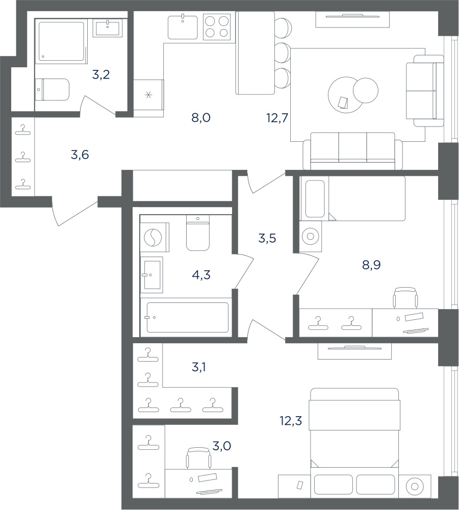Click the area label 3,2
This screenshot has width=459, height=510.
coord(101,75)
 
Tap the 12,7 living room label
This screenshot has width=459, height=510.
coord(277,118)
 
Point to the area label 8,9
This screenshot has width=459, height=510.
coord(371,265)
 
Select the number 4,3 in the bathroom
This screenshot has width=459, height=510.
coord(201,275)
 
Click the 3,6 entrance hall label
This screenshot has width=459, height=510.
coord(80,155)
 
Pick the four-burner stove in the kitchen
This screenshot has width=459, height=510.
coord(217,27)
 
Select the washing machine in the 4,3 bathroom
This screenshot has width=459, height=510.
coord(155,237)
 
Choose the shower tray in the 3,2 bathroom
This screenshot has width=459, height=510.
coord(61,41)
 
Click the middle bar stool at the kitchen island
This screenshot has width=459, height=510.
coord(283,52)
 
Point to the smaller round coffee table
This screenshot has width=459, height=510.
coord(366,90)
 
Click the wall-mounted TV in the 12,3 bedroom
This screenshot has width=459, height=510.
coord(354,351)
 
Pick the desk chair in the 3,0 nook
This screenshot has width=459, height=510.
coord(198,458)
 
